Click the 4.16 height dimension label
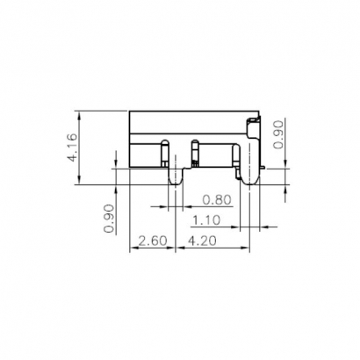click(x=73, y=148)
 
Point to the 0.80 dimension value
click(x=216, y=200)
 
